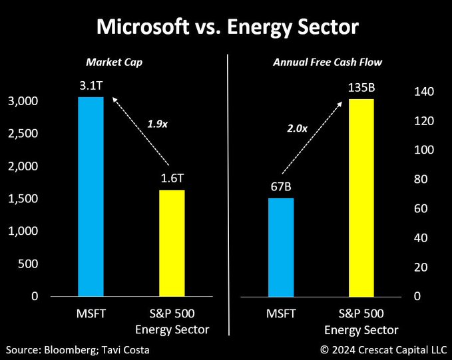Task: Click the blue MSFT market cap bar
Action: coord(91,196)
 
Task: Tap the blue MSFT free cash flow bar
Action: coord(281,247)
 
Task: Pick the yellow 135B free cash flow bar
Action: coord(361,198)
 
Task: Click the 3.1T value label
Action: coord(91,86)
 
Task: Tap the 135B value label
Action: coord(361,87)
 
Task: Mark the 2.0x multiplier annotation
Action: coord(297,128)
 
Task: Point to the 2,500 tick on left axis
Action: coord(25,134)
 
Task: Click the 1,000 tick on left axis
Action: coord(25,231)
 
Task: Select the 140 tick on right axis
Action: coord(424,92)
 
